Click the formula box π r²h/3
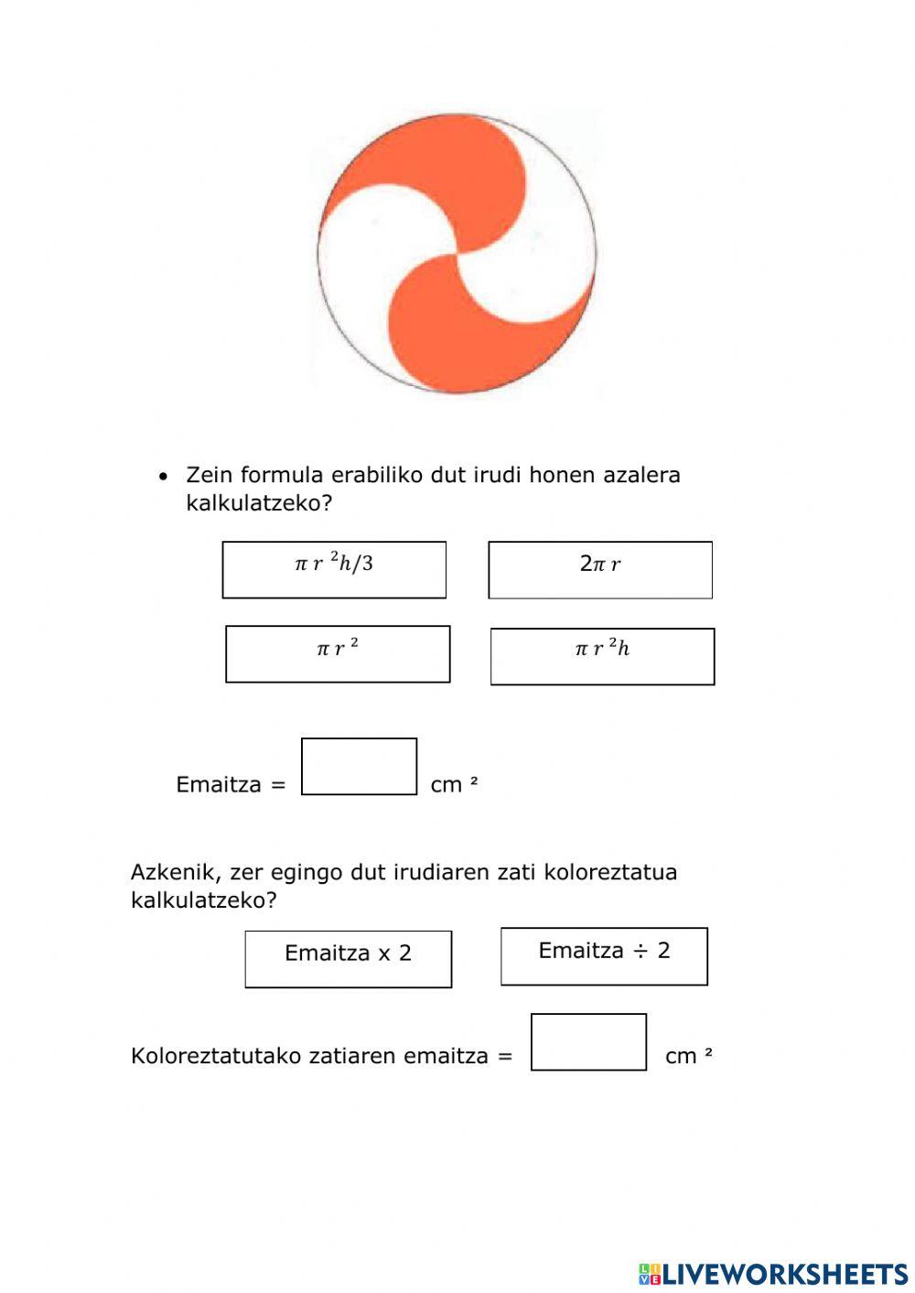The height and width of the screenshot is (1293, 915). [334, 569]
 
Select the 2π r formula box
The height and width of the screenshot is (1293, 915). [600, 569]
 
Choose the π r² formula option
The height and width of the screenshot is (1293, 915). [338, 653]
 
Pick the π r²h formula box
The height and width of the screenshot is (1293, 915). [602, 656]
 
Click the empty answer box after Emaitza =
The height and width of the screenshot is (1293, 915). [359, 766]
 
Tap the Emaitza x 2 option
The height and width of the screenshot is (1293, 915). [348, 958]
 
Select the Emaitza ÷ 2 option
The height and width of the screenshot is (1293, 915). [604, 955]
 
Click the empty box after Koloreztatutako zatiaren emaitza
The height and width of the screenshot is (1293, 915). [588, 1041]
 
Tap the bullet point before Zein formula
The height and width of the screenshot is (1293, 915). [163, 477]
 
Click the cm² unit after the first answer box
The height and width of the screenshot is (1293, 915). [455, 784]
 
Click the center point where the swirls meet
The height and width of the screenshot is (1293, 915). [457, 253]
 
